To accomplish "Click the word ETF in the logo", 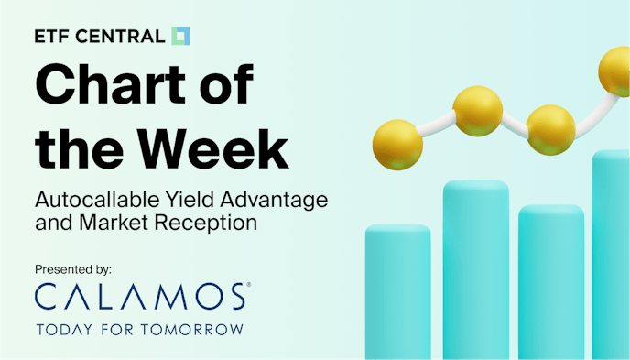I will pos(52,38).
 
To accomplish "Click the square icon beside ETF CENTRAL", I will pos(180,37).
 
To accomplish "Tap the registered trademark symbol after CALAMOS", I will pos(247,287).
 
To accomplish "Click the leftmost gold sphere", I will pos(397,144).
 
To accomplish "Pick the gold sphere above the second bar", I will pos(478,109).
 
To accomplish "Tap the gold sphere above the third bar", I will pos(550,129).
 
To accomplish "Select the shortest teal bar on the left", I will pos(397,292).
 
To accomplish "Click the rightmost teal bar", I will pos(612,256).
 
